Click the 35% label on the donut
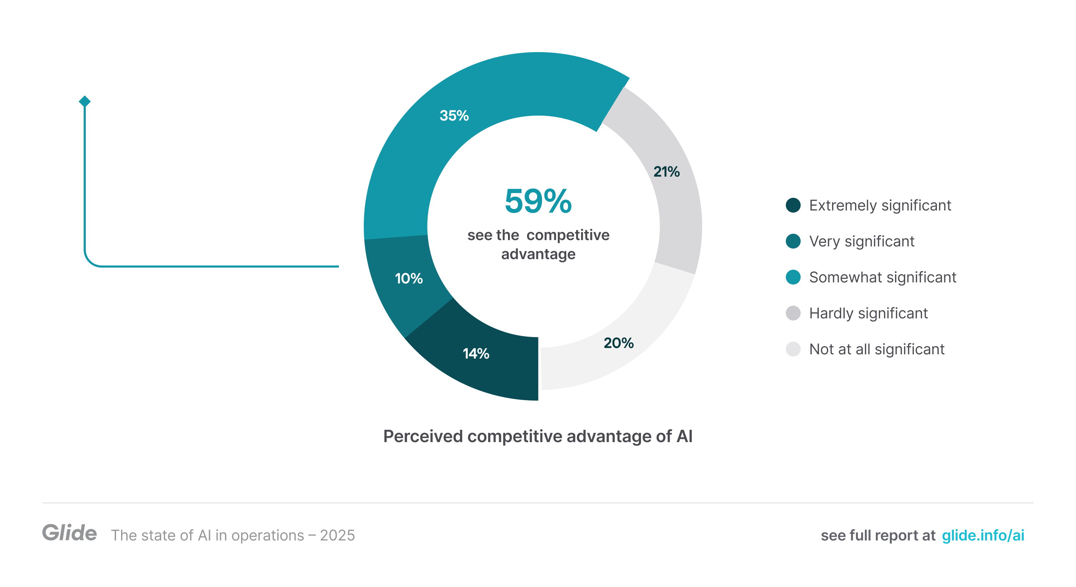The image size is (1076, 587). point(454,116)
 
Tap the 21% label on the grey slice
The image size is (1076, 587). point(666,171)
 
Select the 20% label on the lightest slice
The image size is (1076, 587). point(618,343)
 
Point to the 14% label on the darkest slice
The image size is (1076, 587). point(476,354)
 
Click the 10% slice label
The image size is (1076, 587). point(408,278)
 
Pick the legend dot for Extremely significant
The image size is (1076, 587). point(793,205)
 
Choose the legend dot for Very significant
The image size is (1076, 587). point(793,241)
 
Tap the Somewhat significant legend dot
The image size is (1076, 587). point(793,277)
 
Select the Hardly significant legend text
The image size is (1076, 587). point(868,313)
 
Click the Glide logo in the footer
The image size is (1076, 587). point(69,533)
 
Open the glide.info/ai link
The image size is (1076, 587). point(983,535)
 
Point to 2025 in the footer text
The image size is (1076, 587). point(337,535)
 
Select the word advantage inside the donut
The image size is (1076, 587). point(538,254)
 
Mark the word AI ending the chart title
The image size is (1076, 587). point(684,436)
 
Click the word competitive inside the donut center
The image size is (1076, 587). point(568,235)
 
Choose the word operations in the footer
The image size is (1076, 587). point(267,535)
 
